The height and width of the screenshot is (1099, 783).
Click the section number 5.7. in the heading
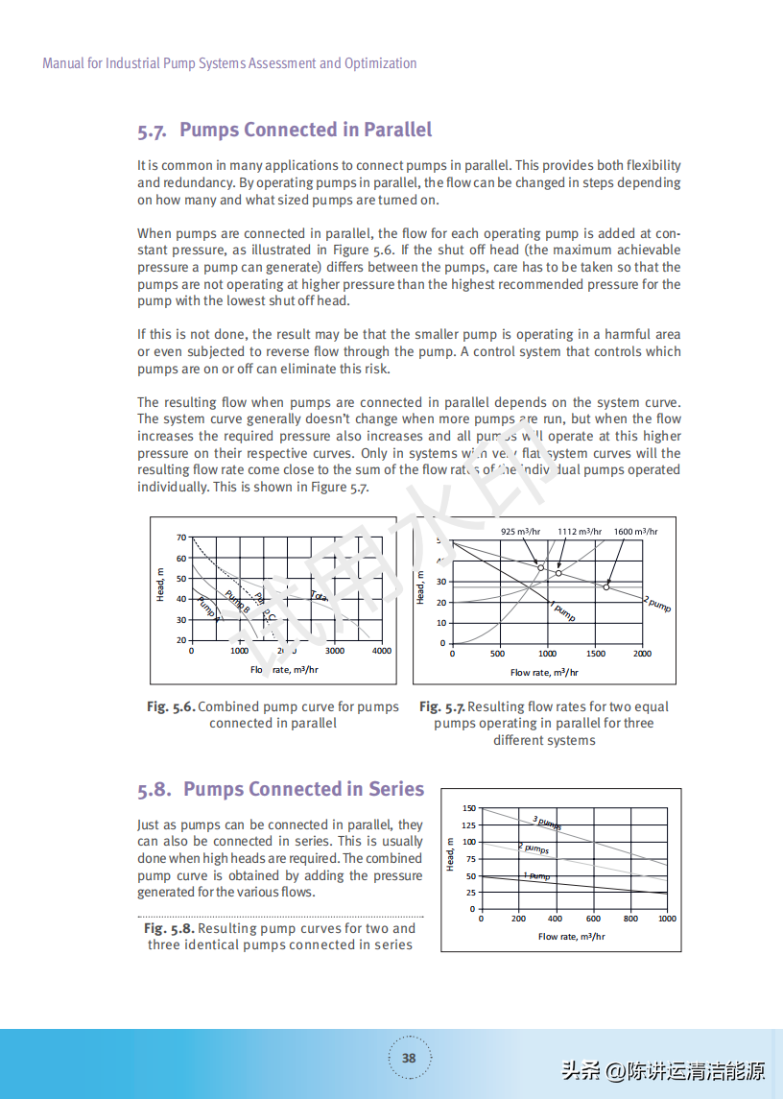tap(153, 131)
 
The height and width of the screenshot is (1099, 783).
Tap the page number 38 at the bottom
tap(409, 1058)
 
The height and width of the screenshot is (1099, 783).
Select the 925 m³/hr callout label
tap(521, 531)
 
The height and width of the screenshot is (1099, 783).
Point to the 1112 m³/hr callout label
tap(580, 531)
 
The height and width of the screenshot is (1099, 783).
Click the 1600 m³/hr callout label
tap(635, 531)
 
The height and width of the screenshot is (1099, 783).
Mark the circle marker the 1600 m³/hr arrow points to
tap(606, 585)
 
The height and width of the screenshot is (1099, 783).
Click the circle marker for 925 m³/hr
tap(540, 567)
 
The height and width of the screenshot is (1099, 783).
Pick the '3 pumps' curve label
tap(547, 822)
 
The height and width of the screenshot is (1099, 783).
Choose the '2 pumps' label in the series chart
tap(534, 848)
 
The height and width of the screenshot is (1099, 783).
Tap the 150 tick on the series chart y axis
tap(468, 809)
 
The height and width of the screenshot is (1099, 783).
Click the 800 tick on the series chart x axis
tap(630, 919)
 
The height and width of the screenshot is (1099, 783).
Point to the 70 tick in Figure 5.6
tap(181, 538)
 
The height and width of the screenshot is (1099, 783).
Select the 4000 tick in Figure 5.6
tap(382, 651)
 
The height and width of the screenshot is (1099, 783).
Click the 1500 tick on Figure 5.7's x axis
tap(595, 654)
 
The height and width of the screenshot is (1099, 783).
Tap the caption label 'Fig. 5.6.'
tap(171, 707)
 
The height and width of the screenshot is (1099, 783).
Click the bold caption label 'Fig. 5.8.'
tap(169, 929)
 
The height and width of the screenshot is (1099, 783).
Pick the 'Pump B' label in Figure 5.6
tap(237, 601)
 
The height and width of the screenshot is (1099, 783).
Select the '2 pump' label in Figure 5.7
tap(657, 604)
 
